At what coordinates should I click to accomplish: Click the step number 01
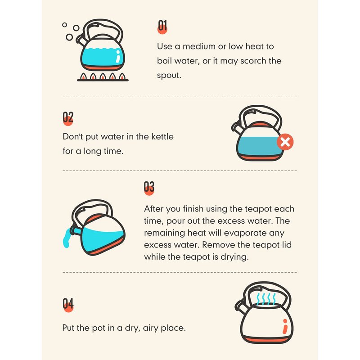point(162,26)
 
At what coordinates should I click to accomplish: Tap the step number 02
point(68,117)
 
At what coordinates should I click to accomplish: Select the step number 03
point(149,187)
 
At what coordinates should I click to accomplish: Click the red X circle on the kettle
point(285,142)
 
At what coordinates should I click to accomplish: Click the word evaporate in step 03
point(245,233)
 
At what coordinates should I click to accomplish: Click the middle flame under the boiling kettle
point(103,76)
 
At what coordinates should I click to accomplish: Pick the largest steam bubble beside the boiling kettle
point(69,37)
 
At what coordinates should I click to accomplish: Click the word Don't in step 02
point(73,137)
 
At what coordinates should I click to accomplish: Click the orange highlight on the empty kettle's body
point(285,326)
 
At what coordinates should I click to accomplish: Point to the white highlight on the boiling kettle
point(118,57)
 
